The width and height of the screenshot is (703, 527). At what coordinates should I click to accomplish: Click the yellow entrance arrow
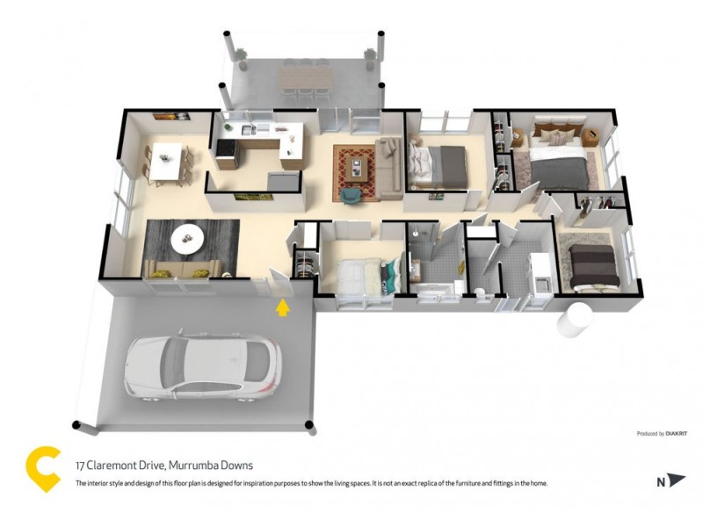pyautogui.click(x=282, y=307)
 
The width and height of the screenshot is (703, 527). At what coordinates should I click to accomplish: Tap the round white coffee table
pyautogui.click(x=186, y=235)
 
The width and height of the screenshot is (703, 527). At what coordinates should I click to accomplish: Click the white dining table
pyautogui.click(x=167, y=162)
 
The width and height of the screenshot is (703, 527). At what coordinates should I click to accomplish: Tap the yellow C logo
pyautogui.click(x=44, y=469)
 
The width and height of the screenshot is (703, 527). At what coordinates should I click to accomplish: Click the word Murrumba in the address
pyautogui.click(x=181, y=466)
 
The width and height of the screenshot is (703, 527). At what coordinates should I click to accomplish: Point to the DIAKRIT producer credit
pyautogui.click(x=676, y=434)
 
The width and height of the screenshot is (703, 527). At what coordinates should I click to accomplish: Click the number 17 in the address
pyautogui.click(x=80, y=466)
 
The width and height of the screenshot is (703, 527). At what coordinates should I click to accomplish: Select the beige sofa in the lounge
pyautogui.click(x=179, y=268)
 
